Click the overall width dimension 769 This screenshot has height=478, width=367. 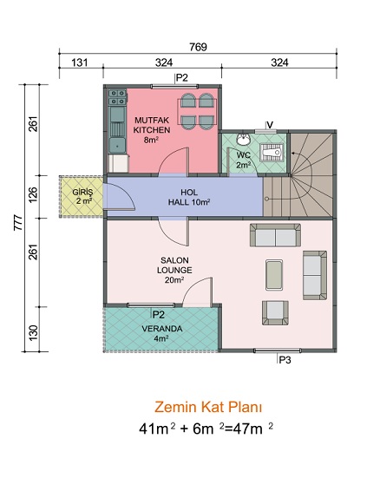pyautogui.click(x=198, y=47)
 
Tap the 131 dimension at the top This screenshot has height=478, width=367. pyautogui.click(x=80, y=62)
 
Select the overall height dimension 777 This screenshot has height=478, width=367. pyautogui.click(x=18, y=223)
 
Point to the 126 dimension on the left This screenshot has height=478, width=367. pyautogui.click(x=33, y=194)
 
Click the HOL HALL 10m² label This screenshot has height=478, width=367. pyautogui.click(x=189, y=197)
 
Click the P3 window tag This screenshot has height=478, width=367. pyautogui.click(x=285, y=360)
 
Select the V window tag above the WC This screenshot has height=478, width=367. pyautogui.click(x=270, y=125)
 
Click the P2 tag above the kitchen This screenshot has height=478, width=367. pyautogui.click(x=182, y=78)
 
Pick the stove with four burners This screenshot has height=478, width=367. pyautogui.click(x=117, y=97)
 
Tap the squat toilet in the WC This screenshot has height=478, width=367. pyautogui.click(x=272, y=152)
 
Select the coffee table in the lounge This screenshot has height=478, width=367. pyautogui.click(x=274, y=275)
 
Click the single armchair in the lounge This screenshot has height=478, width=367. pyautogui.click(x=275, y=312)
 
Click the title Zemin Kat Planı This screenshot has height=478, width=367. pyautogui.click(x=208, y=407)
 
